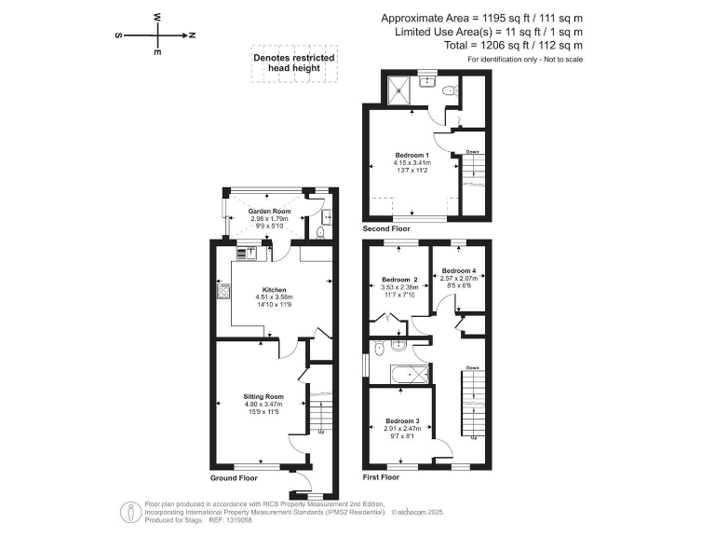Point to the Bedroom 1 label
coord(411,155)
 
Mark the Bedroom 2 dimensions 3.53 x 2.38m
coord(401,287)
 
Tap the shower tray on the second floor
coord(399,90)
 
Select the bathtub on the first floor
coord(408,376)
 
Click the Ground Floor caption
coord(233,476)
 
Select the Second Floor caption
coord(386,228)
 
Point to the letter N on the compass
coord(191,34)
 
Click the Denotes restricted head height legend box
coord(294,62)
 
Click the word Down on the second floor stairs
coord(472,152)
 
